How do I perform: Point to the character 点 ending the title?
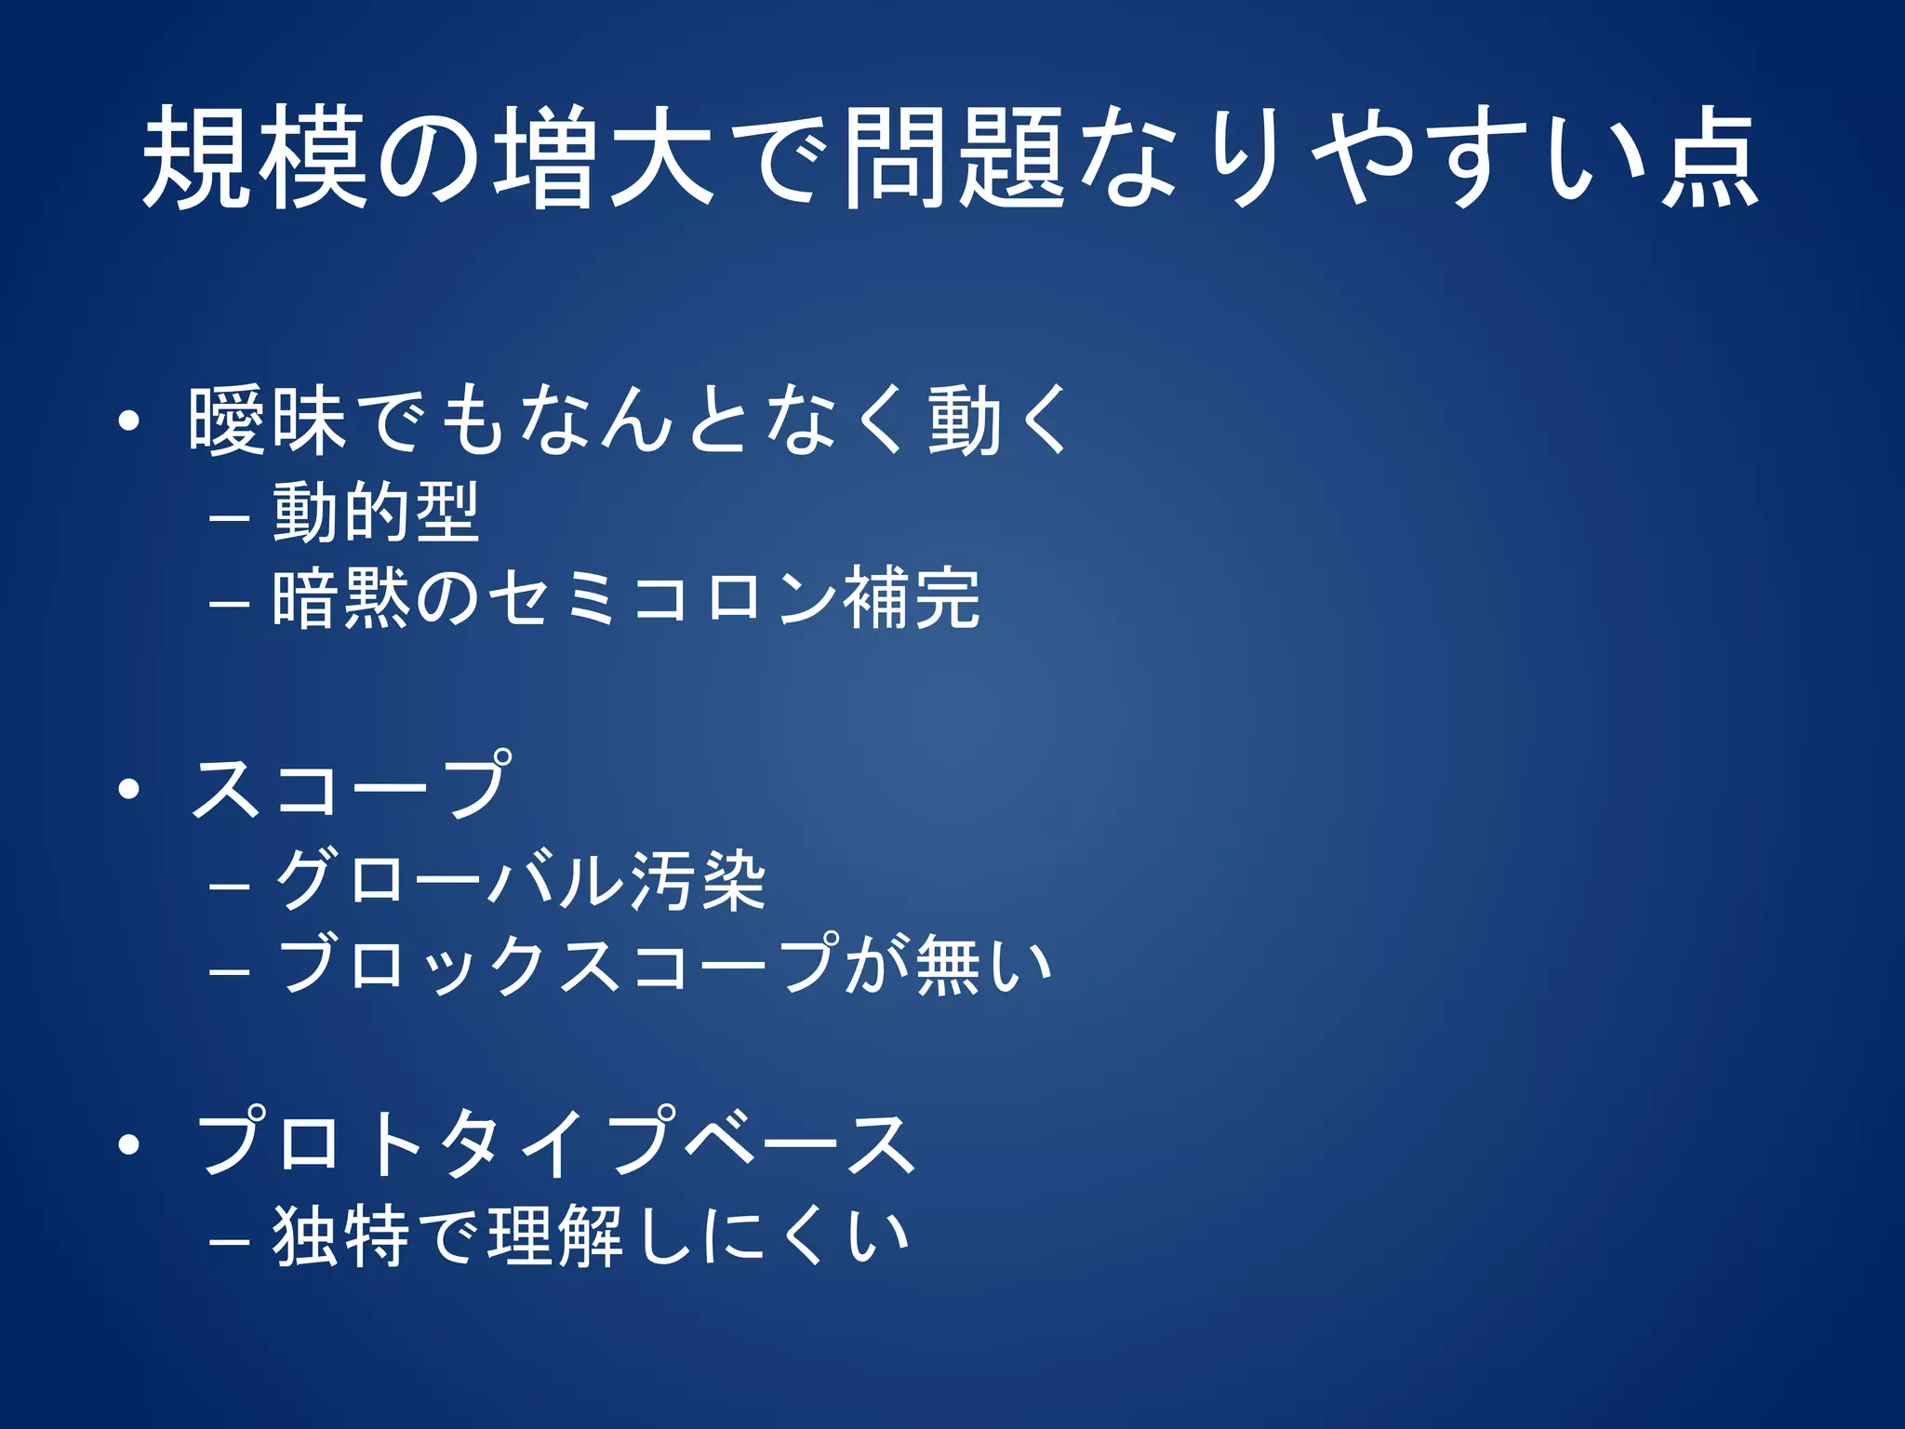1710,158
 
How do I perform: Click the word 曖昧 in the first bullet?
268,421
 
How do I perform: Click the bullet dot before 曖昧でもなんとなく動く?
129,421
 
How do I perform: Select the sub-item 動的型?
376,512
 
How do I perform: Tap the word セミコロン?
663,598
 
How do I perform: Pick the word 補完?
912,598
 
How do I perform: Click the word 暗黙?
341,598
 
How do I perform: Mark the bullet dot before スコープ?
129,790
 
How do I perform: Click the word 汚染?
698,879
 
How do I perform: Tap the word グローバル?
450,879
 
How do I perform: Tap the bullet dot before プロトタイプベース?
129,1145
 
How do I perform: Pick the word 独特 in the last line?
340,1236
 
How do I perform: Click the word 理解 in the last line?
555,1236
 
